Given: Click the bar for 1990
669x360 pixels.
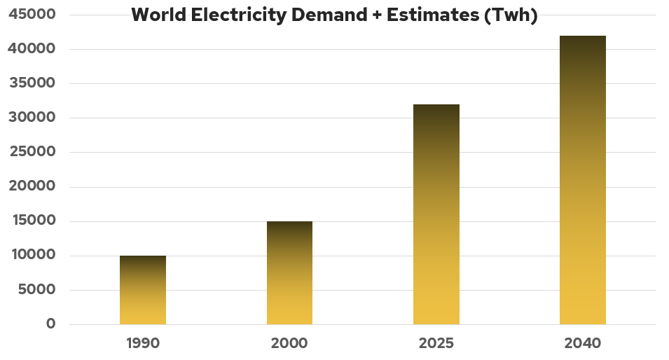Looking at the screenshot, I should pos(143,290).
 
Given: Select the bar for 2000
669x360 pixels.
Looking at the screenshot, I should pos(289,273).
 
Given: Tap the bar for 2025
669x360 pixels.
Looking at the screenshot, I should pos(436,214).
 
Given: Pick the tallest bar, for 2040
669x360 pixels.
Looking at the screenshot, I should pos(582,180).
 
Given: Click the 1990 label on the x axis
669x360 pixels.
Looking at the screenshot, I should pos(143,344).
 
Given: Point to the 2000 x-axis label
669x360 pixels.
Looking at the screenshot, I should pos(289,344).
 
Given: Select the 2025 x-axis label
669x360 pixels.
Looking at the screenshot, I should pos(436,344).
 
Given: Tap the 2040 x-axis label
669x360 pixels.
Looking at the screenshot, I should pos(582,344).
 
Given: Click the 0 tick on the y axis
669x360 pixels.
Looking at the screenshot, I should pos(50,324).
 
